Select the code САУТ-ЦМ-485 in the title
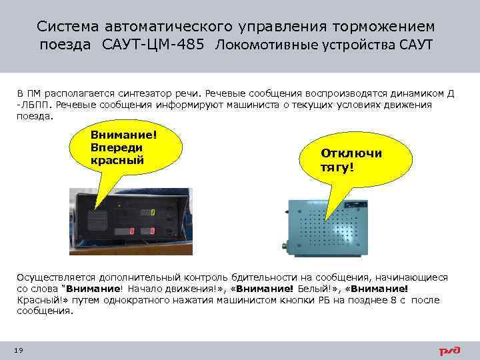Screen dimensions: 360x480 [158, 45]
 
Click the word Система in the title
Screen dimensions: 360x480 [66, 26]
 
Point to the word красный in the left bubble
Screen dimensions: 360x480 [117, 161]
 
